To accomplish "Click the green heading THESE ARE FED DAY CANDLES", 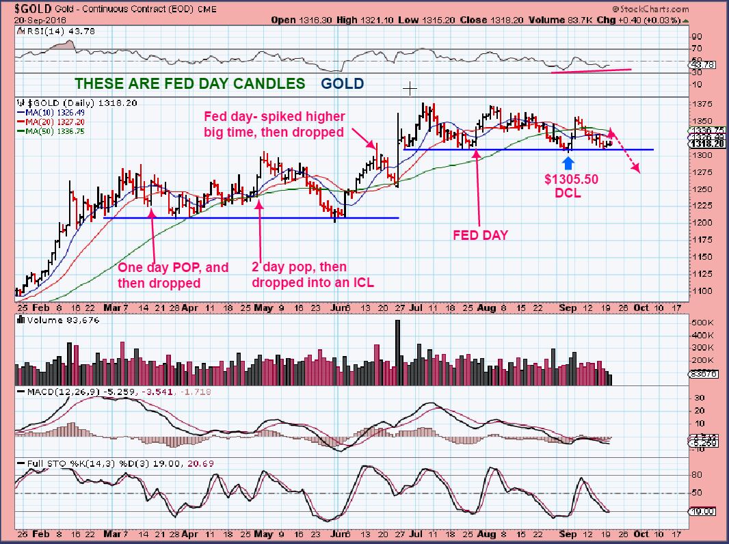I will pyautogui.click(x=189, y=83).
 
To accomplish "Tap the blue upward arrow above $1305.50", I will pyautogui.click(x=568, y=163).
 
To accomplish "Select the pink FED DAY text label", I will pyautogui.click(x=481, y=234).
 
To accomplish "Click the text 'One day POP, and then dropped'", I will pyautogui.click(x=173, y=275).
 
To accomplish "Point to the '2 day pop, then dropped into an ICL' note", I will pyautogui.click(x=300, y=275).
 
